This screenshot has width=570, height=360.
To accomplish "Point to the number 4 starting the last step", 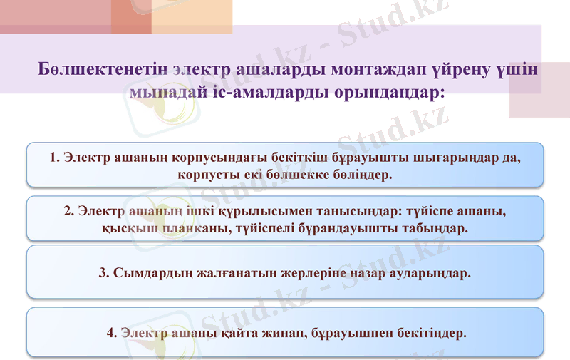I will (110, 332).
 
